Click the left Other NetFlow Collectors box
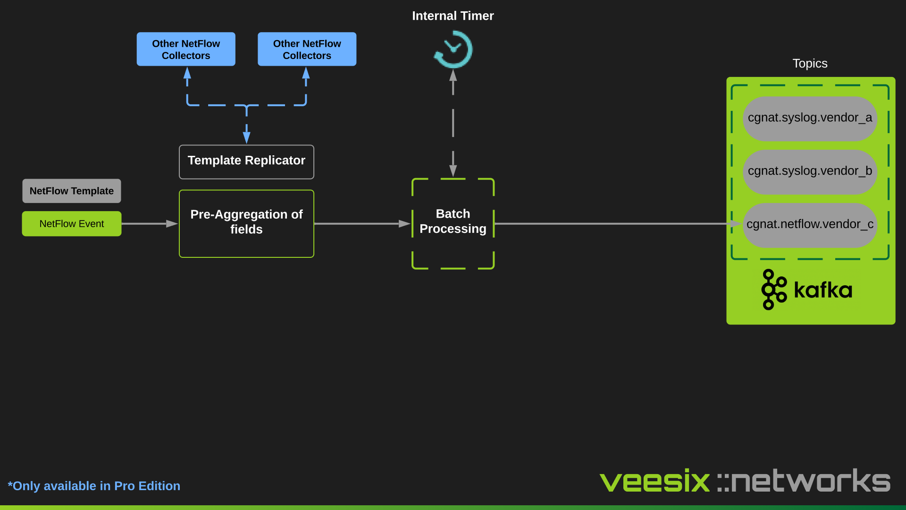[x=186, y=49]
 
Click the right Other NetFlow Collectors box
[x=307, y=49]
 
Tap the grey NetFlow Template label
[x=72, y=191]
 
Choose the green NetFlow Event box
[x=72, y=224]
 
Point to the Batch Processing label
[x=453, y=221]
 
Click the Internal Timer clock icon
[x=453, y=50]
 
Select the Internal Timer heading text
[x=453, y=16]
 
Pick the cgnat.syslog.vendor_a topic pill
[x=810, y=118]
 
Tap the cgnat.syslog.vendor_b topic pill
[x=810, y=171]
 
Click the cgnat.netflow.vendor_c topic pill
[x=810, y=225]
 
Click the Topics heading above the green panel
[x=810, y=63]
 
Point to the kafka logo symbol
[x=774, y=289]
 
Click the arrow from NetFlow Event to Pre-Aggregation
[x=149, y=224]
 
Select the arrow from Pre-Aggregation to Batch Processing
[x=361, y=224]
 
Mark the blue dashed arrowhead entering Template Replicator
[x=246, y=137]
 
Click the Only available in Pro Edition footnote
[x=94, y=486]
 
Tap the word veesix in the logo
[x=654, y=482]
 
